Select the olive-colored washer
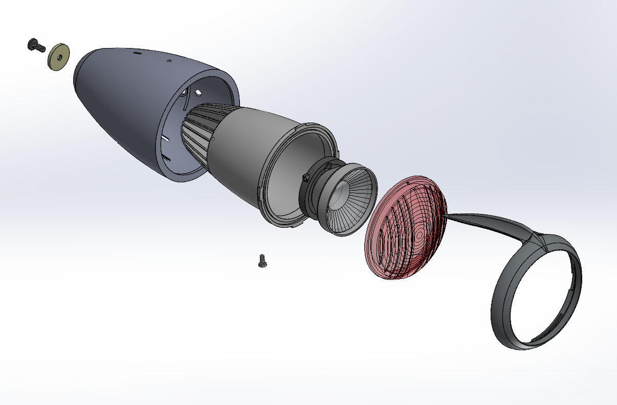(59, 57)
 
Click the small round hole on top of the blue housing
(170, 60)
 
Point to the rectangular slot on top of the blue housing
(137, 52)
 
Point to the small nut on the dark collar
(306, 177)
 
